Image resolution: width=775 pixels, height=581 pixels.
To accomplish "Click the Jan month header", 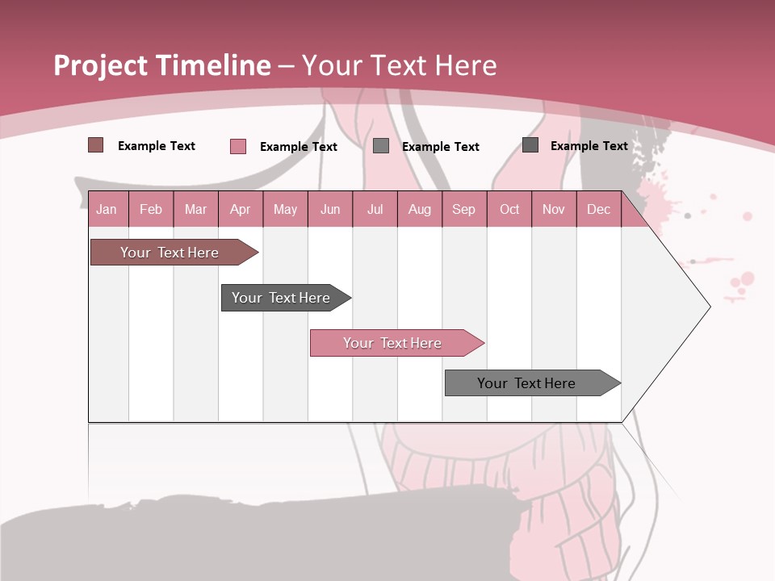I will coord(107,210).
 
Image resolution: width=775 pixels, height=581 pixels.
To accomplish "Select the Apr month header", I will coord(241,210).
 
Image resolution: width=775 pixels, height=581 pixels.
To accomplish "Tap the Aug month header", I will coord(420,210).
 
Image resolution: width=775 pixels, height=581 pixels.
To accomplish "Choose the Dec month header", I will coord(598,210).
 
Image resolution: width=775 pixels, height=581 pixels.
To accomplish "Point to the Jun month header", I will coord(330,210).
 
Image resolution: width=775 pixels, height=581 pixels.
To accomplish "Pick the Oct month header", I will coord(509,210).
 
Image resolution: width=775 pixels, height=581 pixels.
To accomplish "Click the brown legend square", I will coord(96,145).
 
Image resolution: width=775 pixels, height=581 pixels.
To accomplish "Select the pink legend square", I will coord(238,146).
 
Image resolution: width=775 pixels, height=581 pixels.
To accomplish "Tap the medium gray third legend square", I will coord(381,146).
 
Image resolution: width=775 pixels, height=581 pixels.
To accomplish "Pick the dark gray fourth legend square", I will coord(530,145).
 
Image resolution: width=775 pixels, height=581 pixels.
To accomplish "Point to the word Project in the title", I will coord(101,65).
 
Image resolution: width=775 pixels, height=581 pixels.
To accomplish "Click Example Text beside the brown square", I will coord(157,146).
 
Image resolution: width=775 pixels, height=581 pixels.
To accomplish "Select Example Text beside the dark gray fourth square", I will coord(589,146).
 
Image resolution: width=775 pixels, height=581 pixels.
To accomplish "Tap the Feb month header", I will coord(151,210).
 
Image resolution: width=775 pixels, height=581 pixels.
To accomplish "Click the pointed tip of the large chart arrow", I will coord(709,306).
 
